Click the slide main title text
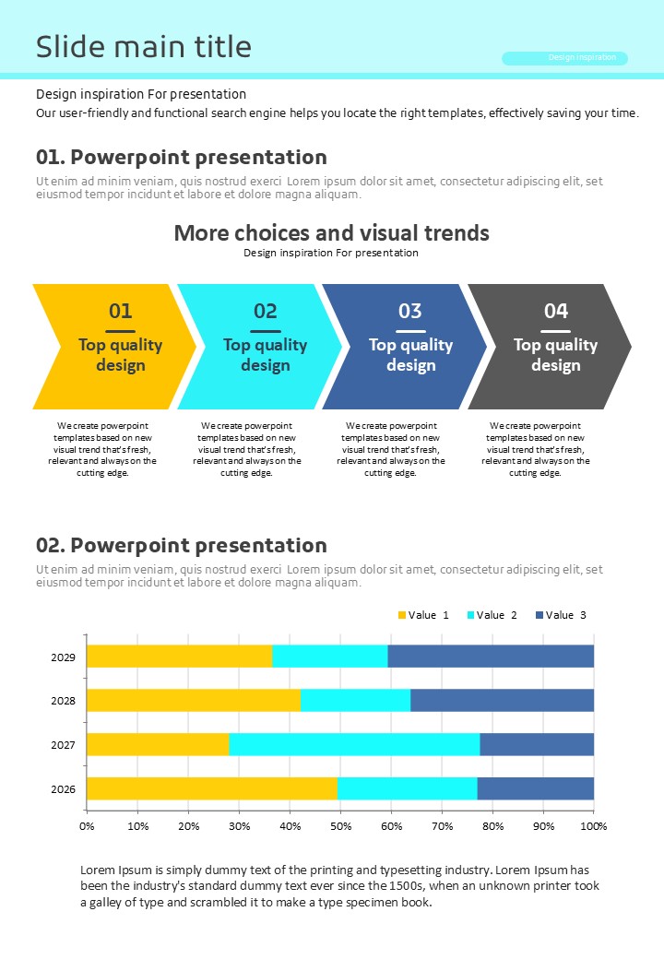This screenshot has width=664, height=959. [143, 47]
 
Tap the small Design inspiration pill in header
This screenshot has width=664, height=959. [564, 58]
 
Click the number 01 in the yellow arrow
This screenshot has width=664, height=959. [121, 311]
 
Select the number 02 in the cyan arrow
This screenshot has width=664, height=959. [266, 311]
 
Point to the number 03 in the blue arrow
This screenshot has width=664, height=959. [410, 311]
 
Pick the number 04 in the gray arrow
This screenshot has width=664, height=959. [556, 311]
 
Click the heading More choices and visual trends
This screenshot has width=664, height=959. [331, 232]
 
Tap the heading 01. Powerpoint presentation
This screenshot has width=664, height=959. [181, 157]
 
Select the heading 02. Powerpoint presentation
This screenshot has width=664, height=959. [181, 545]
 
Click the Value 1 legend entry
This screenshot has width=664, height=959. [423, 615]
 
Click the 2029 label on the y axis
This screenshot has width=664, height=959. [63, 657]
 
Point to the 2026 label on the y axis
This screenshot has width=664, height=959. [63, 789]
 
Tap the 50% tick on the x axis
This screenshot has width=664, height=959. [340, 825]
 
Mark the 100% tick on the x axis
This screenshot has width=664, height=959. [593, 825]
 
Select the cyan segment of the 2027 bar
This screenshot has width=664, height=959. [354, 744]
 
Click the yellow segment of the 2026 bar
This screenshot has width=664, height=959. [212, 788]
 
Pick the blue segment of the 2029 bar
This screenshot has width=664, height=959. [491, 657]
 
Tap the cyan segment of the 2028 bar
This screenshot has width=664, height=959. [355, 700]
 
